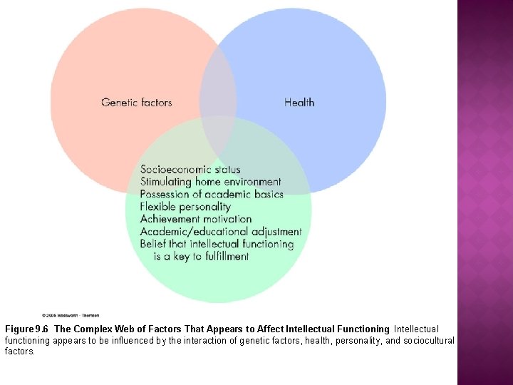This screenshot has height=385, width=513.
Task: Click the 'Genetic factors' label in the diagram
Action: pos(137,103)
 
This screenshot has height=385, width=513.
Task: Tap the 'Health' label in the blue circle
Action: pos(299,103)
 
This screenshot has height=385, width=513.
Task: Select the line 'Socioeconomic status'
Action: pos(190,170)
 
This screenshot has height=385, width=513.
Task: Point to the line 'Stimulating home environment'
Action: pos(210,182)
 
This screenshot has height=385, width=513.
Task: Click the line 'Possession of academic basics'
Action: pos(212,194)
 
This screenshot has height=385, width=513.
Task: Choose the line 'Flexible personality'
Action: pos(185,207)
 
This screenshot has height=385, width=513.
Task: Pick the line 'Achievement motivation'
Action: pos(196,219)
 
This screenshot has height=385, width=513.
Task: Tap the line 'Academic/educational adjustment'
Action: pos(221,232)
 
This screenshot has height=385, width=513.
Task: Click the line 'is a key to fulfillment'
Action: pos(202,257)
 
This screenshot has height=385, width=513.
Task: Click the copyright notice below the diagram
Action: pos(71,314)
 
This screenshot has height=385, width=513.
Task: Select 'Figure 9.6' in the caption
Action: pos(27,329)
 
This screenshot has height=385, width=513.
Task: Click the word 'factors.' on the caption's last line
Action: pos(20,351)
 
